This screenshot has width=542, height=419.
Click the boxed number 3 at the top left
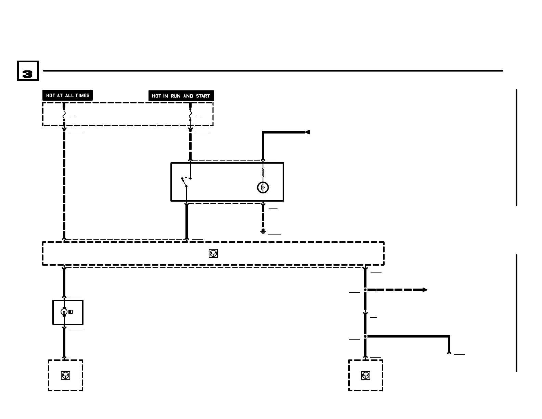pos(28,71)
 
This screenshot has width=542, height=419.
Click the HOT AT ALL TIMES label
pos(67,96)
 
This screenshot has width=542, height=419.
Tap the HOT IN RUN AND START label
pos(181,96)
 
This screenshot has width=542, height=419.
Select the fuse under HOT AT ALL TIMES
pos(64,115)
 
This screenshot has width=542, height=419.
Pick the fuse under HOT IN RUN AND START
pos(190,115)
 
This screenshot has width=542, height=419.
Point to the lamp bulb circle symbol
pos(263,188)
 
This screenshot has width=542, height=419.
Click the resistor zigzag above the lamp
pos(263,173)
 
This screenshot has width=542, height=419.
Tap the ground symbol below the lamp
pos(263,232)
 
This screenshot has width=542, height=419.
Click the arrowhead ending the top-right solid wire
pos(307,132)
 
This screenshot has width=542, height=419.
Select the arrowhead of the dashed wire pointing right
pos(425,290)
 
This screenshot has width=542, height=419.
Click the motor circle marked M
pos(64,312)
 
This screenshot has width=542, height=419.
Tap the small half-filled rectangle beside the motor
pos(70,312)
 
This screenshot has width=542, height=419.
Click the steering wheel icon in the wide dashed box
pos(213,253)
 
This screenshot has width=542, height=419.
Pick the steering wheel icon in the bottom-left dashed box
pos(65,375)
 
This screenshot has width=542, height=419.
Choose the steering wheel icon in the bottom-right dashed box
pos(365,376)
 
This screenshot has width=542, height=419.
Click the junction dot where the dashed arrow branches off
pos(365,290)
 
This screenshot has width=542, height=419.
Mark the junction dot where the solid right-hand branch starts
pos(365,337)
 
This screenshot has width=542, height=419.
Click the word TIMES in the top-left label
pos(82,96)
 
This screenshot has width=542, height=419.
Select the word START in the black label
pos(203,96)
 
